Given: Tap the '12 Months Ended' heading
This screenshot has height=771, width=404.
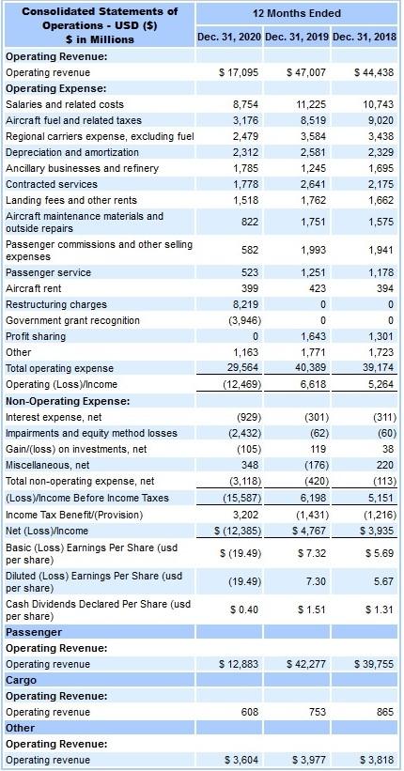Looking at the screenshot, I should pos(297,13).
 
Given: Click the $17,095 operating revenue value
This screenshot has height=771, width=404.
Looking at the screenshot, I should pos(238,72).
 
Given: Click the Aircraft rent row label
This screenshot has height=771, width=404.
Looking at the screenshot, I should pos(35,289).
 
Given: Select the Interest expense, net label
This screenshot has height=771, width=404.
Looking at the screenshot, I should pos(54,417).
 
